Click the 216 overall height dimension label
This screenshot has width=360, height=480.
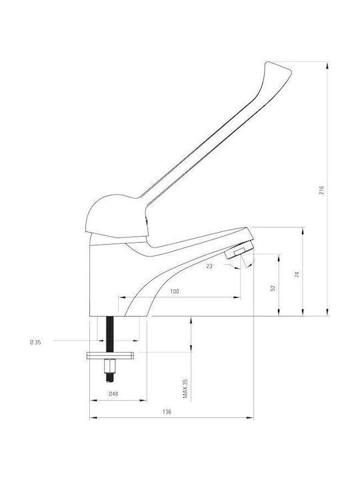(321, 191)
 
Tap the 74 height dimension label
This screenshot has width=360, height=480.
(297, 274)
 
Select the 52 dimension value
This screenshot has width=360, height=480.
(273, 288)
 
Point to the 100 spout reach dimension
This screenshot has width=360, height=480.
(175, 291)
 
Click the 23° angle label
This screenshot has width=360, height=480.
(210, 266)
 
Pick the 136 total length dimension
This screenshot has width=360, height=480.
(167, 412)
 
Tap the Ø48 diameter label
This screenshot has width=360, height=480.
(113, 394)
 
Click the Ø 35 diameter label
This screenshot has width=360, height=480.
(35, 343)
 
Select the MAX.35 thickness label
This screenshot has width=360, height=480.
(185, 388)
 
